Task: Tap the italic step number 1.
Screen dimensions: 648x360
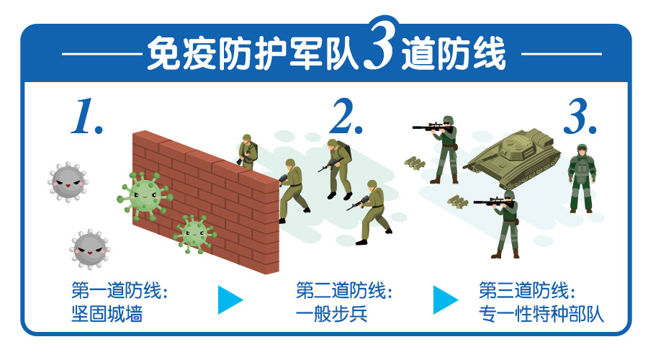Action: click(87, 116)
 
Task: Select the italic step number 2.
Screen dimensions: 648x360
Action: click(346, 116)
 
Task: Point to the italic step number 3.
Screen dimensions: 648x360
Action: click(580, 116)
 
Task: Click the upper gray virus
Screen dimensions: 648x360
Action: click(68, 182)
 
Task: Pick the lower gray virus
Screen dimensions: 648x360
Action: click(90, 249)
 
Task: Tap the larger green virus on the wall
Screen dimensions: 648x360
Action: click(145, 197)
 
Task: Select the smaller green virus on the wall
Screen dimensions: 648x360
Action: click(194, 233)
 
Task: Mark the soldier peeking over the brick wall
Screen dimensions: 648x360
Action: click(248, 152)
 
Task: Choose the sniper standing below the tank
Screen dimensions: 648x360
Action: click(501, 224)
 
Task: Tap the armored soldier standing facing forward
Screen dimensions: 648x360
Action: click(582, 179)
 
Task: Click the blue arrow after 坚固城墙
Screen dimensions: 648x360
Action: click(230, 300)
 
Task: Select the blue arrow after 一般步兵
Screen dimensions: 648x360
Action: click(445, 300)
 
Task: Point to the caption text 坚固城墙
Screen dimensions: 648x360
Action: click(107, 314)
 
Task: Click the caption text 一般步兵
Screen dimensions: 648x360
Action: click(331, 314)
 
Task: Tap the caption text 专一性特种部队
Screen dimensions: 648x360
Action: click(541, 314)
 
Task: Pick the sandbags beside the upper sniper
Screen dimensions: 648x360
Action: click(415, 163)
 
